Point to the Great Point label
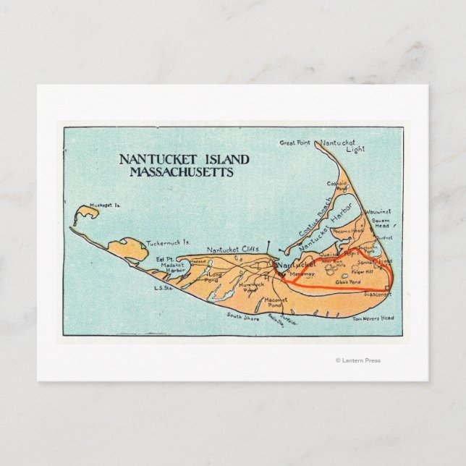(x=295, y=143)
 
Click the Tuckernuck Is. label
(x=168, y=243)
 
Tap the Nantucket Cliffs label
(x=233, y=250)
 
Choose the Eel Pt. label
(x=166, y=259)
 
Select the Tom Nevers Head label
(x=373, y=318)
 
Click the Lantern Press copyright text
(x=357, y=360)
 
